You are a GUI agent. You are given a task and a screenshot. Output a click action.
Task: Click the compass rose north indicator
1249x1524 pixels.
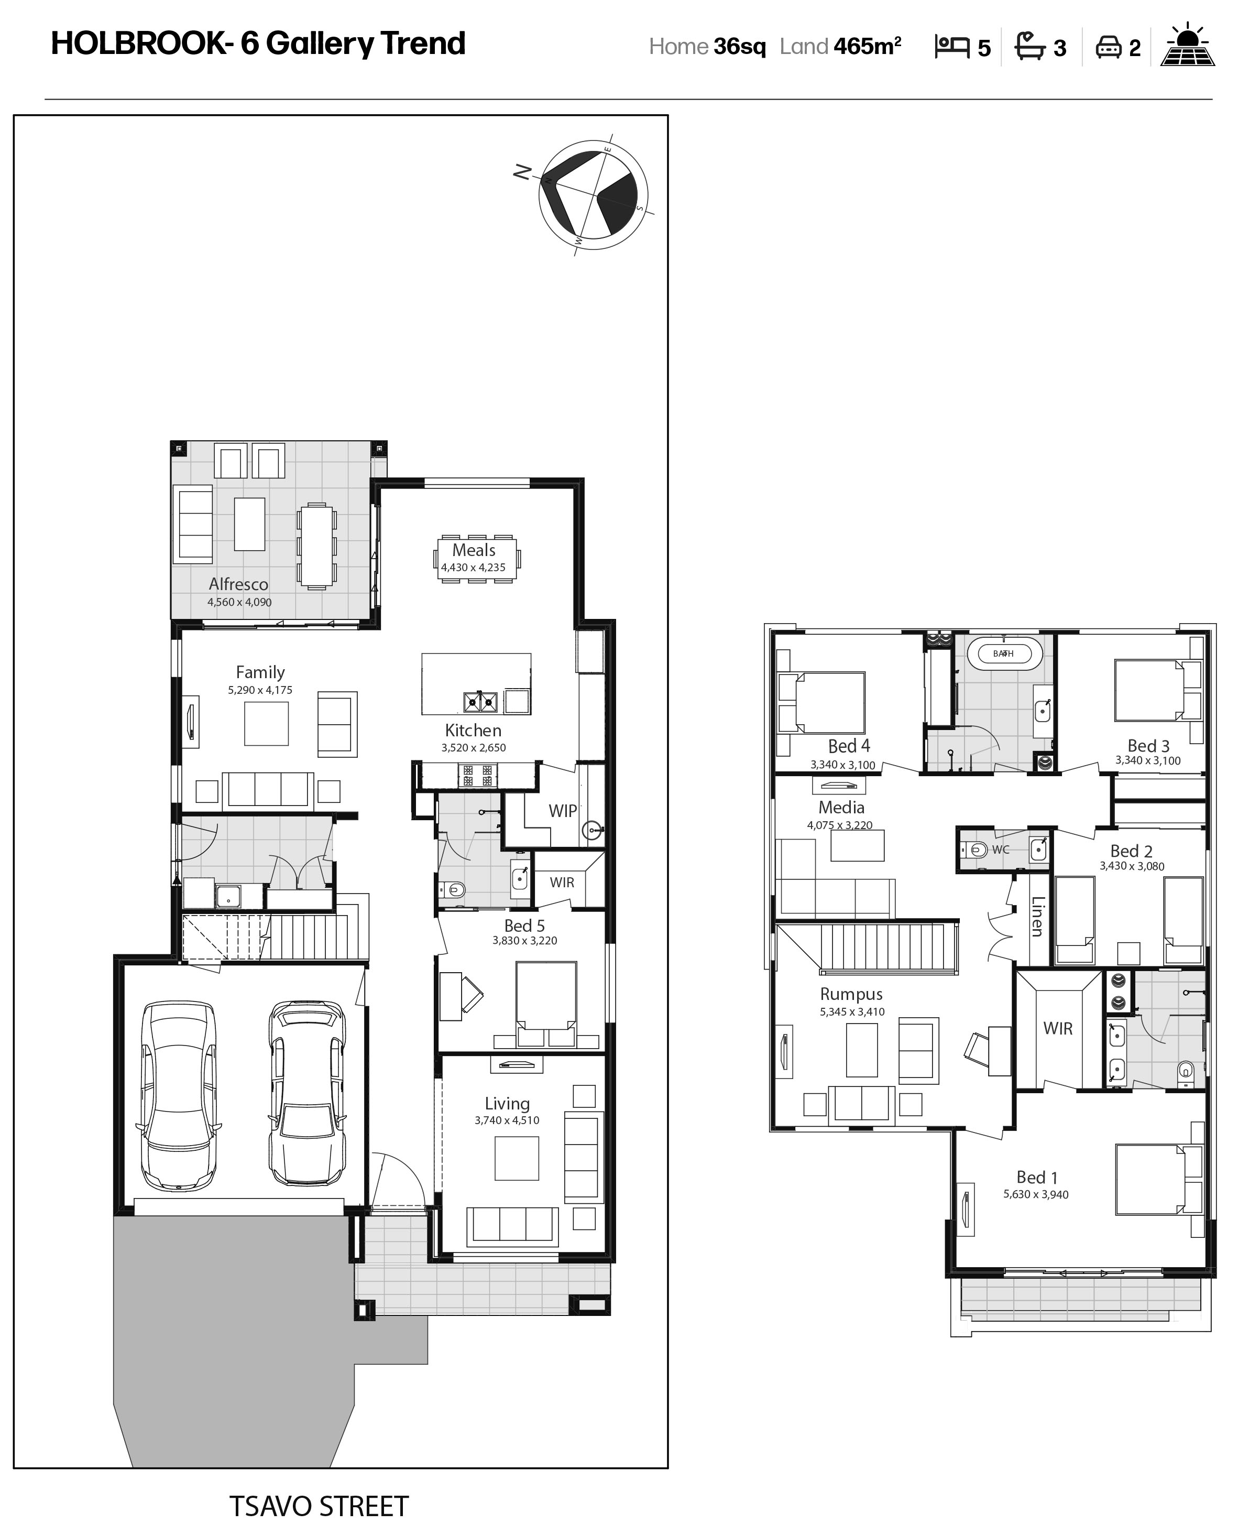(523, 172)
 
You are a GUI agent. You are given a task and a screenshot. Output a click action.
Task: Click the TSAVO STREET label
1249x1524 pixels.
(319, 1505)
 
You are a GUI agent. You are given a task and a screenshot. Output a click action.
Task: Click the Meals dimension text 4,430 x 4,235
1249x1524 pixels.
(474, 567)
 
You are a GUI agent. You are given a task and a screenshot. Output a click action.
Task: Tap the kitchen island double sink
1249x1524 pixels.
(480, 701)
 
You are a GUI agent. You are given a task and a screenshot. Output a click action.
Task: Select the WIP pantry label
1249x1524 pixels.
(563, 811)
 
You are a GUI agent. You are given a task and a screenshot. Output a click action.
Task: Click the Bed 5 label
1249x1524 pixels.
(524, 926)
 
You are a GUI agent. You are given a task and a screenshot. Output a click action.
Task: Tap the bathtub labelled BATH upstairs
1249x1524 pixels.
(1004, 654)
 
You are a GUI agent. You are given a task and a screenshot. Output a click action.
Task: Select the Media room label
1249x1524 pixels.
(841, 807)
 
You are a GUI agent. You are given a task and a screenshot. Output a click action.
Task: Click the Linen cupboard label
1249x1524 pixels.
(1037, 917)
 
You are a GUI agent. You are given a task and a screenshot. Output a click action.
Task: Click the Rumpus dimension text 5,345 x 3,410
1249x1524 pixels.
(852, 1011)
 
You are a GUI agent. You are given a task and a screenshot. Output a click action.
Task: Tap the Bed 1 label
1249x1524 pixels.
(1037, 1177)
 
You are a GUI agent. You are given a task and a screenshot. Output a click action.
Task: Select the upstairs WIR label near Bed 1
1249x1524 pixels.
(1058, 1028)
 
